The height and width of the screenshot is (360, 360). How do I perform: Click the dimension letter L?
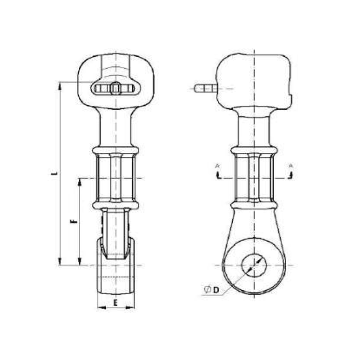(54, 173)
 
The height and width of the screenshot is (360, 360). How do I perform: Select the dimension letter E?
(116, 302)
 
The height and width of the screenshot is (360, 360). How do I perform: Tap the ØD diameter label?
(211, 290)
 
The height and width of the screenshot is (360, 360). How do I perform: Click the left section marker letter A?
(217, 166)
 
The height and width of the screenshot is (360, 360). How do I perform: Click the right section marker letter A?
(291, 166)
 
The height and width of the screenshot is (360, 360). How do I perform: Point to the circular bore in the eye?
(254, 265)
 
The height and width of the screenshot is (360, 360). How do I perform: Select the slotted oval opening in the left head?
(116, 89)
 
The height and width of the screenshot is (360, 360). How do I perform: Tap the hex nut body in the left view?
(116, 178)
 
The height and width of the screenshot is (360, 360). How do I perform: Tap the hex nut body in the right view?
(254, 178)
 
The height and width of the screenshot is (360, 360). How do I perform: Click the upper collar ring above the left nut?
(116, 150)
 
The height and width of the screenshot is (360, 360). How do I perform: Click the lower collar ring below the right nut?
(254, 205)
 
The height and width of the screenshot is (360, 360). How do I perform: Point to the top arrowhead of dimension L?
(59, 85)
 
